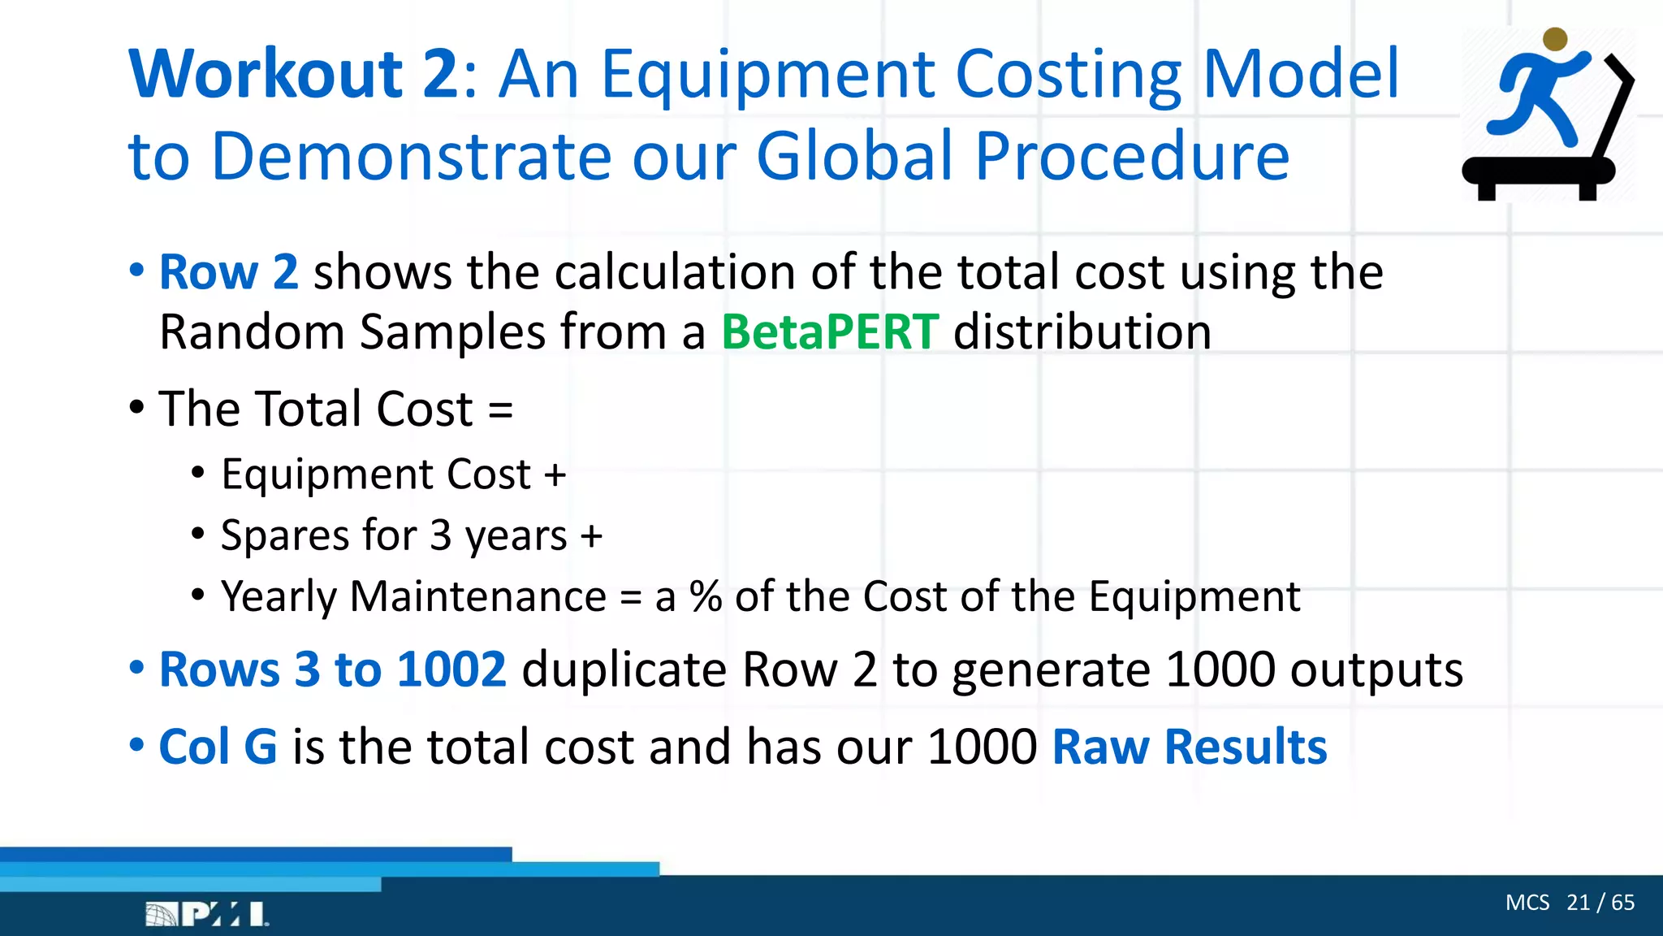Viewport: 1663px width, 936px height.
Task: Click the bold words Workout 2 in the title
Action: (294, 75)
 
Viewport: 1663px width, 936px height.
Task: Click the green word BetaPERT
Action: (830, 332)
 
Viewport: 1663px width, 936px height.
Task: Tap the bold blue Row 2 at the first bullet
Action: (228, 272)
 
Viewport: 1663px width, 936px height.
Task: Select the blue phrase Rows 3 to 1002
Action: (332, 670)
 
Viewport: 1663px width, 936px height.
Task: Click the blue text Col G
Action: (218, 747)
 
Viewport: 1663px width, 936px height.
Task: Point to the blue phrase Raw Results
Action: (1190, 747)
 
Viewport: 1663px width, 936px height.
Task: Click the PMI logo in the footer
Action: (207, 915)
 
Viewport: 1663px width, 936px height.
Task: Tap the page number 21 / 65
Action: (1600, 903)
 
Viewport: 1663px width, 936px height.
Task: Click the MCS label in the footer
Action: (1527, 903)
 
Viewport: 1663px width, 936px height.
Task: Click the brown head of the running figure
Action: (1555, 39)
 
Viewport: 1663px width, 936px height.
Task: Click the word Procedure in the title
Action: (1132, 157)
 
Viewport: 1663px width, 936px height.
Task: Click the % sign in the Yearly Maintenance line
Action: (706, 597)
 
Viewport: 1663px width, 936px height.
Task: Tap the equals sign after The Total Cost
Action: (501, 409)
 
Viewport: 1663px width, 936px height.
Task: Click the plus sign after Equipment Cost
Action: (555, 475)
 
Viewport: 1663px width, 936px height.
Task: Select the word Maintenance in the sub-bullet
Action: (478, 597)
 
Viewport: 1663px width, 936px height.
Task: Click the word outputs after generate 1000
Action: (1376, 670)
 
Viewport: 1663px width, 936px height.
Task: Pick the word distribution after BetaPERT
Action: (1082, 332)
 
